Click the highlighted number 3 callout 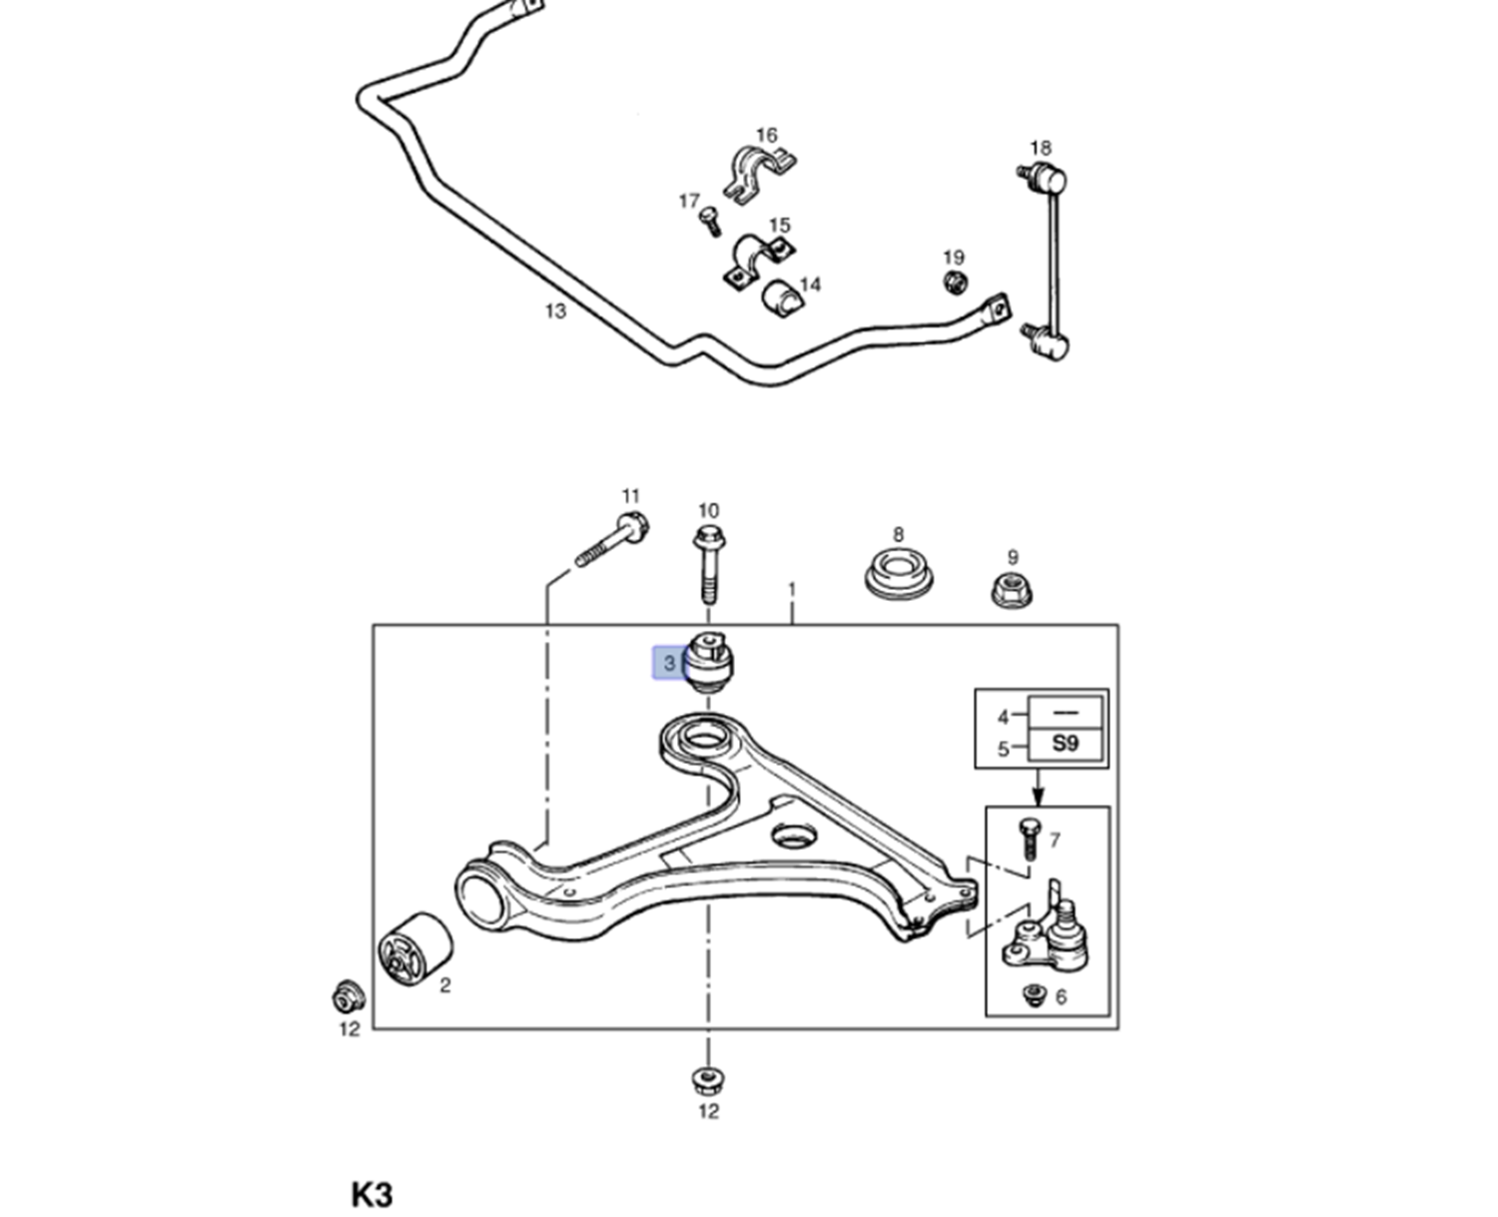669,662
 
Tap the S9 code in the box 1065,743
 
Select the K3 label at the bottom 373,1194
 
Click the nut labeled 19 955,282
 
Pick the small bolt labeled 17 710,221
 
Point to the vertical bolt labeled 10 709,565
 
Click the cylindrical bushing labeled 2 414,948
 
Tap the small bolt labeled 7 1029,839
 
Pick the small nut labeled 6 1034,994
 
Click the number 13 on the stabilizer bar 555,310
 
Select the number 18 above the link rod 1041,149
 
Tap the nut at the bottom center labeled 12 709,1080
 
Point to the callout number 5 1003,750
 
